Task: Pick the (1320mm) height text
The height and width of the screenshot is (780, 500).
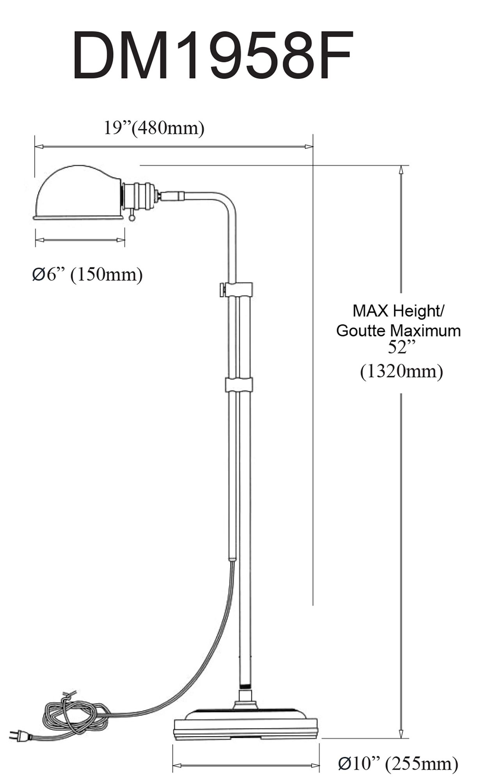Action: click(401, 371)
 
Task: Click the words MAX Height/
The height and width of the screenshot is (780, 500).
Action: click(398, 311)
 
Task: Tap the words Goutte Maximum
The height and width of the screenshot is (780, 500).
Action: click(398, 331)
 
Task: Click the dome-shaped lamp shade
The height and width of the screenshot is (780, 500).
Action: click(78, 193)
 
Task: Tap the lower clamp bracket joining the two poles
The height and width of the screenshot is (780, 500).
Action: click(239, 384)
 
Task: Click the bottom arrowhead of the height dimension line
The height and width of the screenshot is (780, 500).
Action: click(401, 733)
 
